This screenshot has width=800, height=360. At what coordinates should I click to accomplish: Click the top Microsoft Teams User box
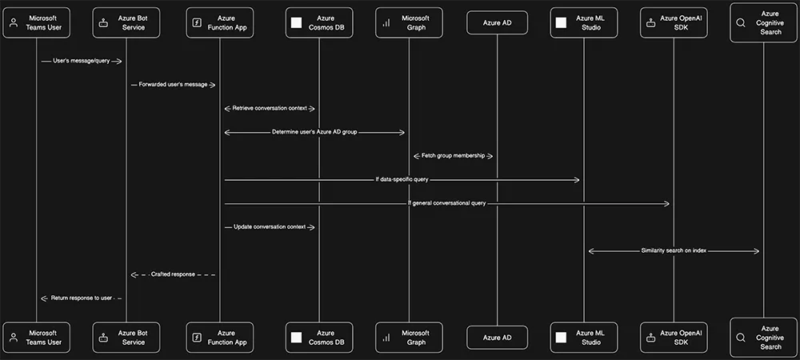37,22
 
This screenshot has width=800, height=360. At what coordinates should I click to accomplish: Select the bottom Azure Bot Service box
126,338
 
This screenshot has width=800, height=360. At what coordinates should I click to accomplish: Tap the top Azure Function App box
220,22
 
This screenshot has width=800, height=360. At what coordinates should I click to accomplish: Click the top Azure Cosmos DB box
319,22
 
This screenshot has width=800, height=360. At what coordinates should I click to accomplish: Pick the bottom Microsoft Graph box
409,338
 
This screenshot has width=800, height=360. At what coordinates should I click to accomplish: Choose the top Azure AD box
497,22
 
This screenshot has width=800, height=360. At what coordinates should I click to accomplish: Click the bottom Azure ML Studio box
583,338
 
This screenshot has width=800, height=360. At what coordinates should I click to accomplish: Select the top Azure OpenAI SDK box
674,22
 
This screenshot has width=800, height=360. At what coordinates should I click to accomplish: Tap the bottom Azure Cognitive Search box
762,338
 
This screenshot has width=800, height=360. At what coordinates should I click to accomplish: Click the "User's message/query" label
81,61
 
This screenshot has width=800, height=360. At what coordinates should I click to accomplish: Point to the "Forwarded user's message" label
174,84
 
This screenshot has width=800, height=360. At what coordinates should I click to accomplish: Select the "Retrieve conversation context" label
269,108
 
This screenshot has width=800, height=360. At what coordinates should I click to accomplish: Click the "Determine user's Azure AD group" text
314,132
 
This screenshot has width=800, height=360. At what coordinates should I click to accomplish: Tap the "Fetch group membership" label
453,156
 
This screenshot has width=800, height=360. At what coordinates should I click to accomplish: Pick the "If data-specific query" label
402,180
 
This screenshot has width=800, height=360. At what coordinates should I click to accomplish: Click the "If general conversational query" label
446,203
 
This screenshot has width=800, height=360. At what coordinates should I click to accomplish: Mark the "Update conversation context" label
269,227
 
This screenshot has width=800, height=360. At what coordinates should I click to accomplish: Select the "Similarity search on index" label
674,250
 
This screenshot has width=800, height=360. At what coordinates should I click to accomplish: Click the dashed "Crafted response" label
174,274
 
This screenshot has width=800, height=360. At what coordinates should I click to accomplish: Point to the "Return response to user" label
82,298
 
